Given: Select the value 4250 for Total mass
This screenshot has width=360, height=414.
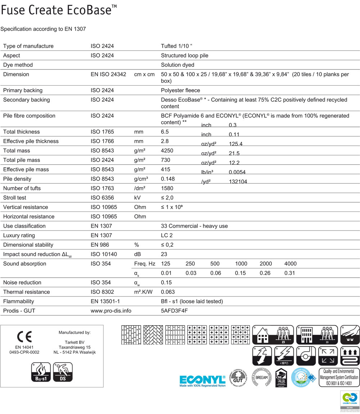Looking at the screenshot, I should point(168,151).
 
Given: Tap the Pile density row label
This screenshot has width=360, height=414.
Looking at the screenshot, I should point(17,179).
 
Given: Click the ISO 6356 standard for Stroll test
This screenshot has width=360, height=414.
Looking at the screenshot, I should point(102,198).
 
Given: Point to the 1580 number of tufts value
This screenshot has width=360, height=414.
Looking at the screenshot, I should point(167,188).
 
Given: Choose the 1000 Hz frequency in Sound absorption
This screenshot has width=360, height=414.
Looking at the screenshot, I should point(241,264).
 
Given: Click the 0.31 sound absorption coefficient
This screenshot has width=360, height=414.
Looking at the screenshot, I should point(289,273).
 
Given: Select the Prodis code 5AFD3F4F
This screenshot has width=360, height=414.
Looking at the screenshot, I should point(175,310).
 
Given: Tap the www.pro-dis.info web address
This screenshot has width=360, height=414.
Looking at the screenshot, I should point(111,310).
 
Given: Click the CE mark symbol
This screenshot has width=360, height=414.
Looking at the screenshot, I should point(24,336).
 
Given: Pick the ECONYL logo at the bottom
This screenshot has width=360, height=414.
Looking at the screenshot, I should point(203,381).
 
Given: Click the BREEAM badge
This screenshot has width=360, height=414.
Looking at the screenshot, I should point(261,377).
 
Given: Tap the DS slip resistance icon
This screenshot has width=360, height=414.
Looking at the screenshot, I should point(63,372).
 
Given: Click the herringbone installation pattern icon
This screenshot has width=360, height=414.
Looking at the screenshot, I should point(153,335).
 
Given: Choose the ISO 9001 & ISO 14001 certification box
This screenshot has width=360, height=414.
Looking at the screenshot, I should point(339,377).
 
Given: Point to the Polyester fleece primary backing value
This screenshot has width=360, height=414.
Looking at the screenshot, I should point(180,90).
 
